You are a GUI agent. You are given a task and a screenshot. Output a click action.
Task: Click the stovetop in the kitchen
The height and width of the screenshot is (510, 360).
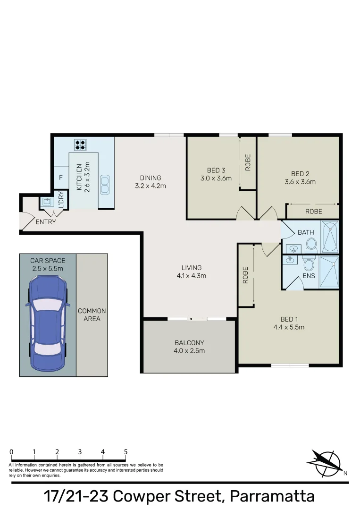tap(79, 144)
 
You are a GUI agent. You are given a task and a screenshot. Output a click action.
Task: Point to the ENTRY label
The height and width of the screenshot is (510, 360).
tap(46, 222)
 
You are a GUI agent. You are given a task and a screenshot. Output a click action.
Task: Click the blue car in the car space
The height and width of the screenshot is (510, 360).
tap(47, 323)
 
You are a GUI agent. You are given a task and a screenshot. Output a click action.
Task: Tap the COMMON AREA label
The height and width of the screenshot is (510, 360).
tap(92, 315)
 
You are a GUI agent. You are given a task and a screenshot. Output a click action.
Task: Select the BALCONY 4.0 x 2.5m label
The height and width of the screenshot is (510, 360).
tap(189, 347)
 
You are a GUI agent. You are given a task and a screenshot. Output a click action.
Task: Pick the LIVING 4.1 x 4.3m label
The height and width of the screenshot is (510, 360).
tap(191, 272)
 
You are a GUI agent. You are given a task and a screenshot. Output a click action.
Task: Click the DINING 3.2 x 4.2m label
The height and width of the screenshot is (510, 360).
tap(151, 182)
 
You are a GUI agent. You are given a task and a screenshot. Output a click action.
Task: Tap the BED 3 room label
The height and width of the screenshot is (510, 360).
tap(216, 174)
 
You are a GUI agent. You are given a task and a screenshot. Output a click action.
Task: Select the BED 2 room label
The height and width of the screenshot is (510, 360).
tap(300, 178)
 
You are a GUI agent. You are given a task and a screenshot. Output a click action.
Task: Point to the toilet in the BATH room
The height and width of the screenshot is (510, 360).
tap(311, 244)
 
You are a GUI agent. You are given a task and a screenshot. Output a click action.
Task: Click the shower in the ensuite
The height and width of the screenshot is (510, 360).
tap(329, 272)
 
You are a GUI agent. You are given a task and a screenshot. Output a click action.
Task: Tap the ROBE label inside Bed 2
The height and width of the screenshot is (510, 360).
tap(313, 212)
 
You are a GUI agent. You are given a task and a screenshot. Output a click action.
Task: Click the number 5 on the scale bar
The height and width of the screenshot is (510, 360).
tap(126, 452)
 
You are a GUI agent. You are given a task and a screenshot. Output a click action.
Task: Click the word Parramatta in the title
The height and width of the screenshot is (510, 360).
tap(271, 496)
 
